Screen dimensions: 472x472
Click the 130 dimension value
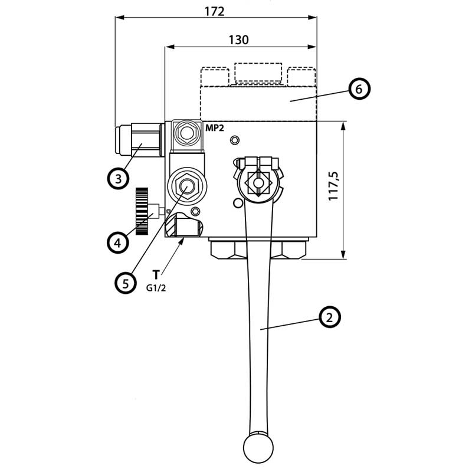238,40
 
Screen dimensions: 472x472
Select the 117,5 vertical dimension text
334,186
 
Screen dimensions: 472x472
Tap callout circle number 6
359,89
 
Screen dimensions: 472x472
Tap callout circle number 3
118,178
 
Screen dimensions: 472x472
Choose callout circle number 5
125,283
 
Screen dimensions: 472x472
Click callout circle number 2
330,317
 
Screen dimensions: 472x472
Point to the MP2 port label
215,127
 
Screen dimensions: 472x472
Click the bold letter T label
156,275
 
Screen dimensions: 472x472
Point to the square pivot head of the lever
259,183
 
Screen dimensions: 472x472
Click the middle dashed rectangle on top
257,73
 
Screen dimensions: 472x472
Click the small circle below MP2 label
235,140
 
